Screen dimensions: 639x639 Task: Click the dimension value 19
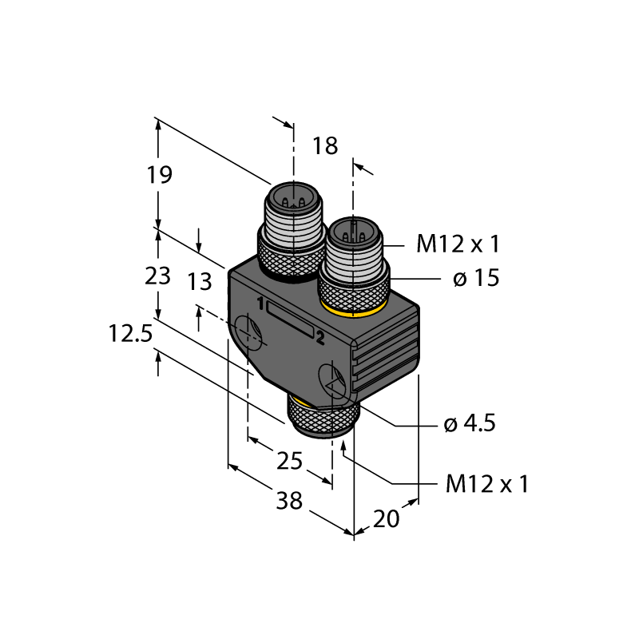point(159,175)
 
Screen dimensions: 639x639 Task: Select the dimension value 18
point(325,146)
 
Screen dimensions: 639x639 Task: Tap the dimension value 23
point(157,276)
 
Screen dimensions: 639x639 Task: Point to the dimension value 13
point(200,282)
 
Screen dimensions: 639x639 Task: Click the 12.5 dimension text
point(130,333)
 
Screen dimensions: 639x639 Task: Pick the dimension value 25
point(289,461)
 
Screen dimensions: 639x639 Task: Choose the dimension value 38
point(289,501)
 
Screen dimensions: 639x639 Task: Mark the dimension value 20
point(386,519)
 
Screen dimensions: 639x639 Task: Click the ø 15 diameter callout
point(476,278)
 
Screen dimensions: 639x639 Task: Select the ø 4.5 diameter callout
point(470,424)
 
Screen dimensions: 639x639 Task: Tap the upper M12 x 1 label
point(458,244)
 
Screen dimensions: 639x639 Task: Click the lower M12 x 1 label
point(487,484)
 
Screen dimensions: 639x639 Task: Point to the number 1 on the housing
point(260,304)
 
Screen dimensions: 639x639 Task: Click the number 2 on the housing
point(320,338)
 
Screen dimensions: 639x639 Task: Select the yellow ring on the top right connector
point(353,311)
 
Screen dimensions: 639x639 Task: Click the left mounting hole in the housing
point(248,331)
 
